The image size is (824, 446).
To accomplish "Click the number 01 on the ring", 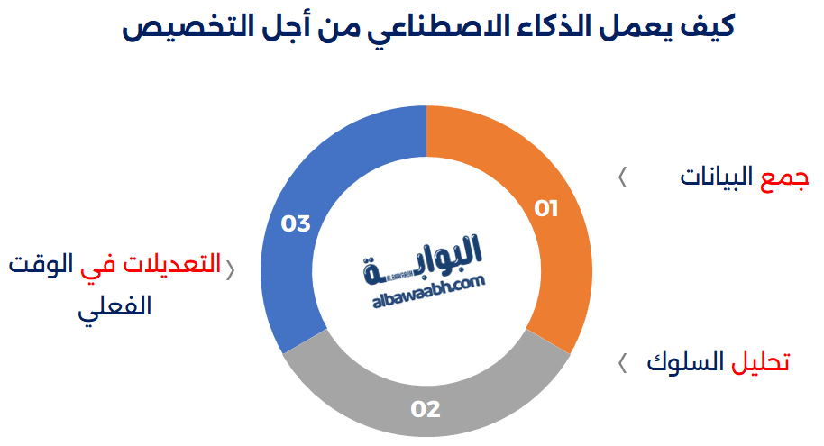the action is [546, 208].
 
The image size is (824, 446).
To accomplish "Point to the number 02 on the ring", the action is [426, 409].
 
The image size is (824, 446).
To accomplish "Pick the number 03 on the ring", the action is [296, 223].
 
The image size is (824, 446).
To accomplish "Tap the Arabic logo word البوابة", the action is [422, 259].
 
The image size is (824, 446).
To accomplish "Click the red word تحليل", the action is [760, 362].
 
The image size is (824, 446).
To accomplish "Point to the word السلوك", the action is [685, 362].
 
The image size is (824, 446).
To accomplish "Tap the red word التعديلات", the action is [171, 263].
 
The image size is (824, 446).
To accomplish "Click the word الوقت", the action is [41, 263].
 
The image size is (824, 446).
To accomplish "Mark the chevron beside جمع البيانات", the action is [622, 177].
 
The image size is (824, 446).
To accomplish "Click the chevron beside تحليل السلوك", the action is [622, 363].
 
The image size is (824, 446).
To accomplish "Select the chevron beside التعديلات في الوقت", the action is [230, 270].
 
